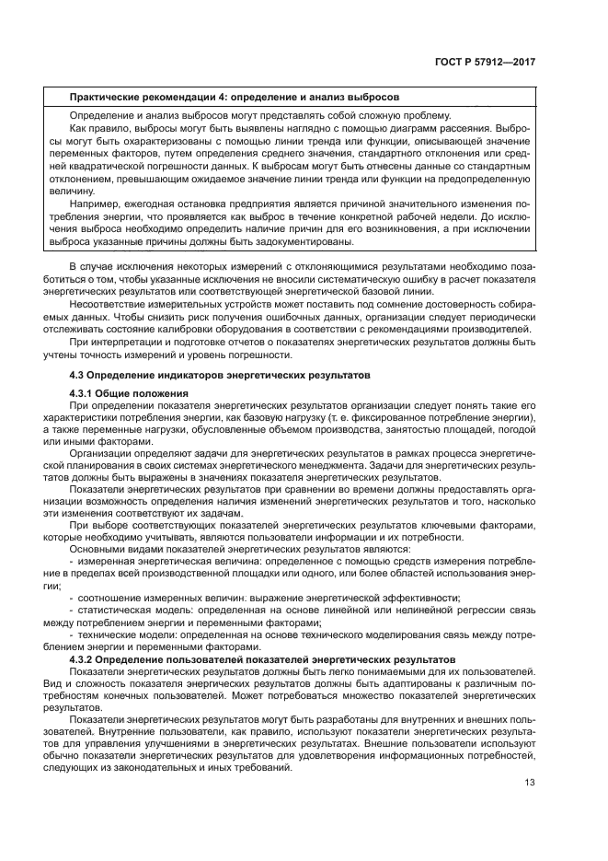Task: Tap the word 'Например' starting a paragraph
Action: (x=97, y=204)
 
